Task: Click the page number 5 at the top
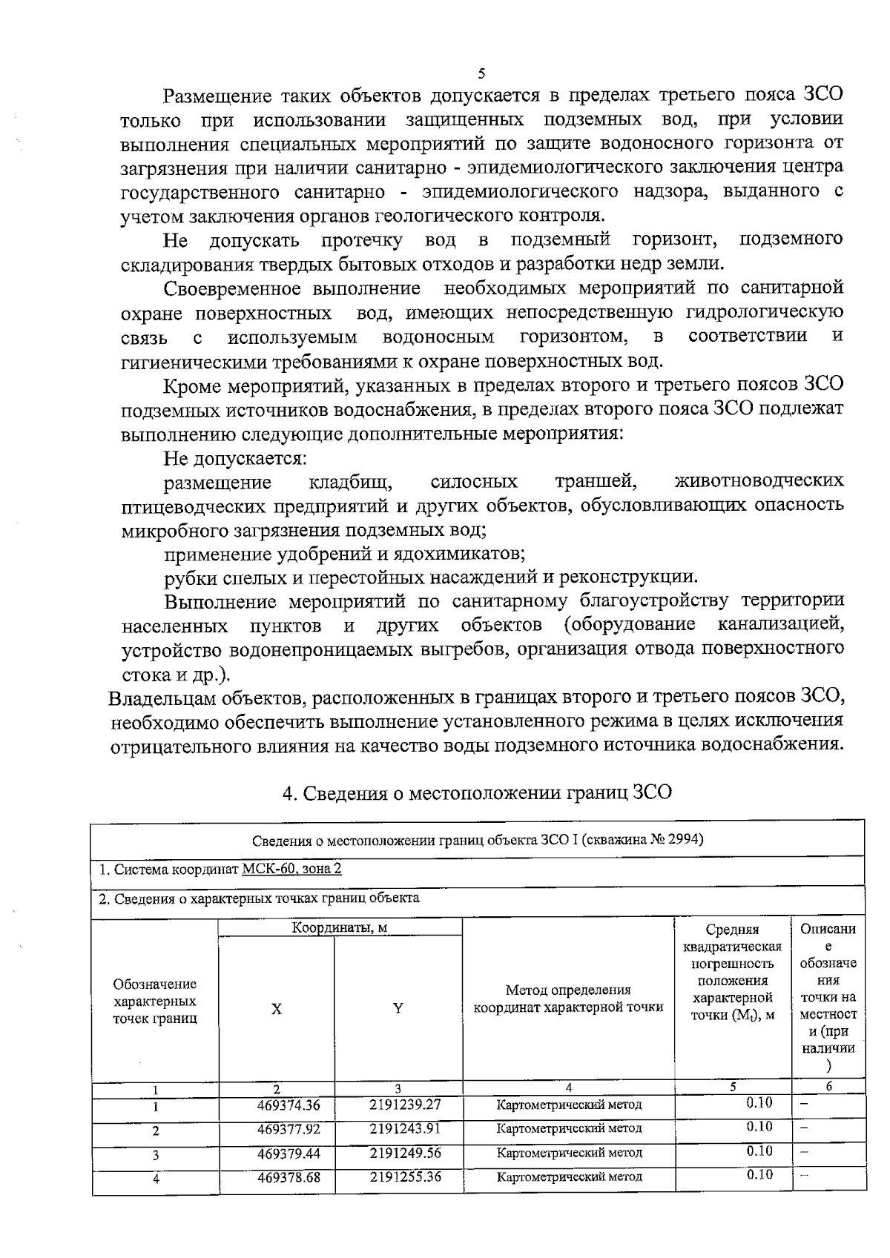(481, 73)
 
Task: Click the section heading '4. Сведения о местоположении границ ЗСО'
(478, 792)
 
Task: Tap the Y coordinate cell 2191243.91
(405, 1129)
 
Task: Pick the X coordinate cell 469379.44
(289, 1153)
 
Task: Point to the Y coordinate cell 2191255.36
(405, 1177)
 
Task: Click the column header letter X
(276, 1009)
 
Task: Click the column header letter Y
(398, 1008)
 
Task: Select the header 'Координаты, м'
(339, 927)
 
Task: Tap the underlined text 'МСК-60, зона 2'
(292, 869)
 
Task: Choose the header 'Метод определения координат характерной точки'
(568, 999)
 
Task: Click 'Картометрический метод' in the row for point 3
(569, 1153)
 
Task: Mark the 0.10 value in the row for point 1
(759, 1103)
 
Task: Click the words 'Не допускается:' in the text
(235, 458)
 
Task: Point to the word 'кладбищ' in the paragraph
(349, 483)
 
